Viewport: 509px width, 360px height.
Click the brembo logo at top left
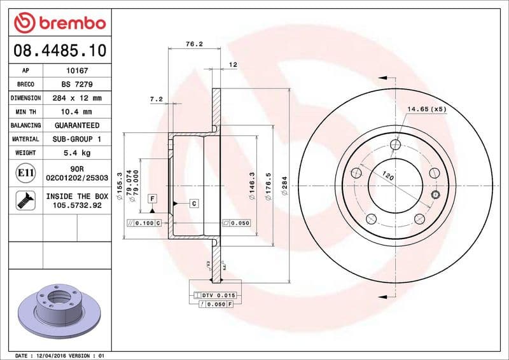59,24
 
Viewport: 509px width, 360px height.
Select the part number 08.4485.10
59,50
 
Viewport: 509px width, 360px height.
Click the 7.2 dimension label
156,99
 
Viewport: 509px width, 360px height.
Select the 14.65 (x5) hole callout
426,109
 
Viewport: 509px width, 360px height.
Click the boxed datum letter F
153,198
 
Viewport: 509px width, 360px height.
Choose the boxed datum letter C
193,204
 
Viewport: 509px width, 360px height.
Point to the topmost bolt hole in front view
395,145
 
